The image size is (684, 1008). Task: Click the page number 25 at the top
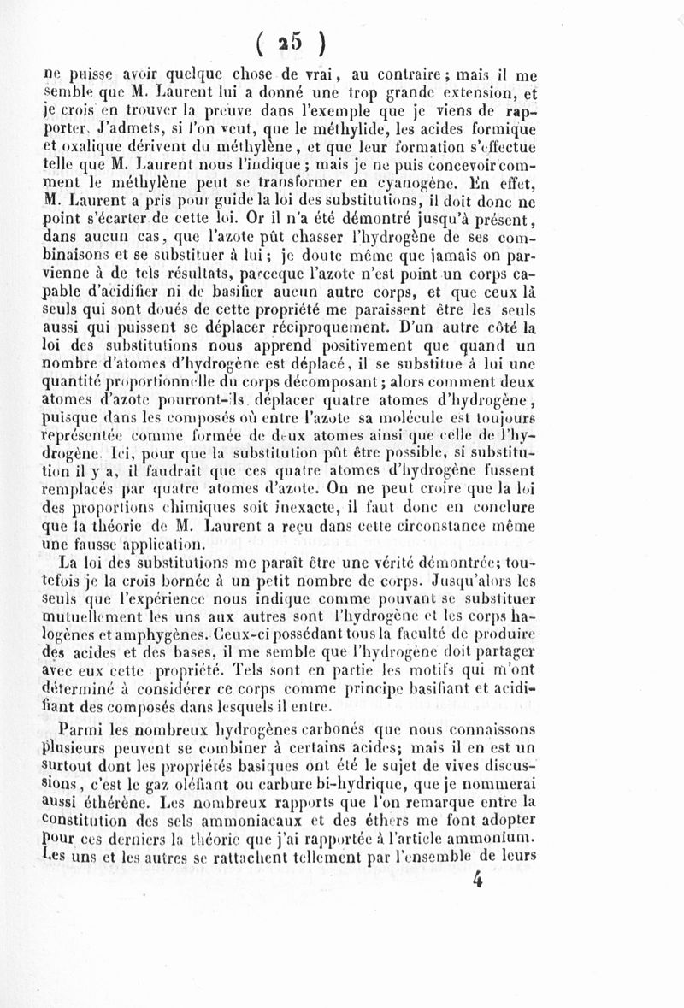292,42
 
